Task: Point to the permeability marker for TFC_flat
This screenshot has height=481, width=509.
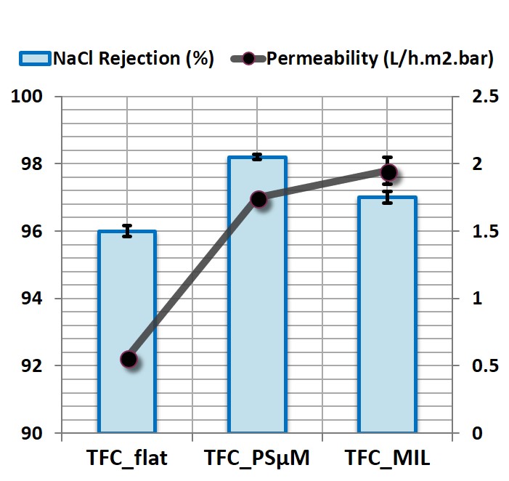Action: (129, 359)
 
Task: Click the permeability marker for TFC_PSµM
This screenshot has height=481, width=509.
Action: (259, 199)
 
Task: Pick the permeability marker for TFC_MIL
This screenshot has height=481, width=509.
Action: (388, 172)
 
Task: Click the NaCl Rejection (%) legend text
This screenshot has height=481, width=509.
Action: (133, 60)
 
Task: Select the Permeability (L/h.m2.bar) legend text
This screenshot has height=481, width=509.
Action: (380, 60)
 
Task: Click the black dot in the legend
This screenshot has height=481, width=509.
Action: (248, 60)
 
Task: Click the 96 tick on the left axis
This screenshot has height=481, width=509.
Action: (31, 231)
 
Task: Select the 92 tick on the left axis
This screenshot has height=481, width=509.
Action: (31, 365)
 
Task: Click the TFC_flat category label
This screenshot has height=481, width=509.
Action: (127, 458)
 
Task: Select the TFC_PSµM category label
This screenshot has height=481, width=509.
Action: (257, 458)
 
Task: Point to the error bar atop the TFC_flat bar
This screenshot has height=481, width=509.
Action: (127, 231)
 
